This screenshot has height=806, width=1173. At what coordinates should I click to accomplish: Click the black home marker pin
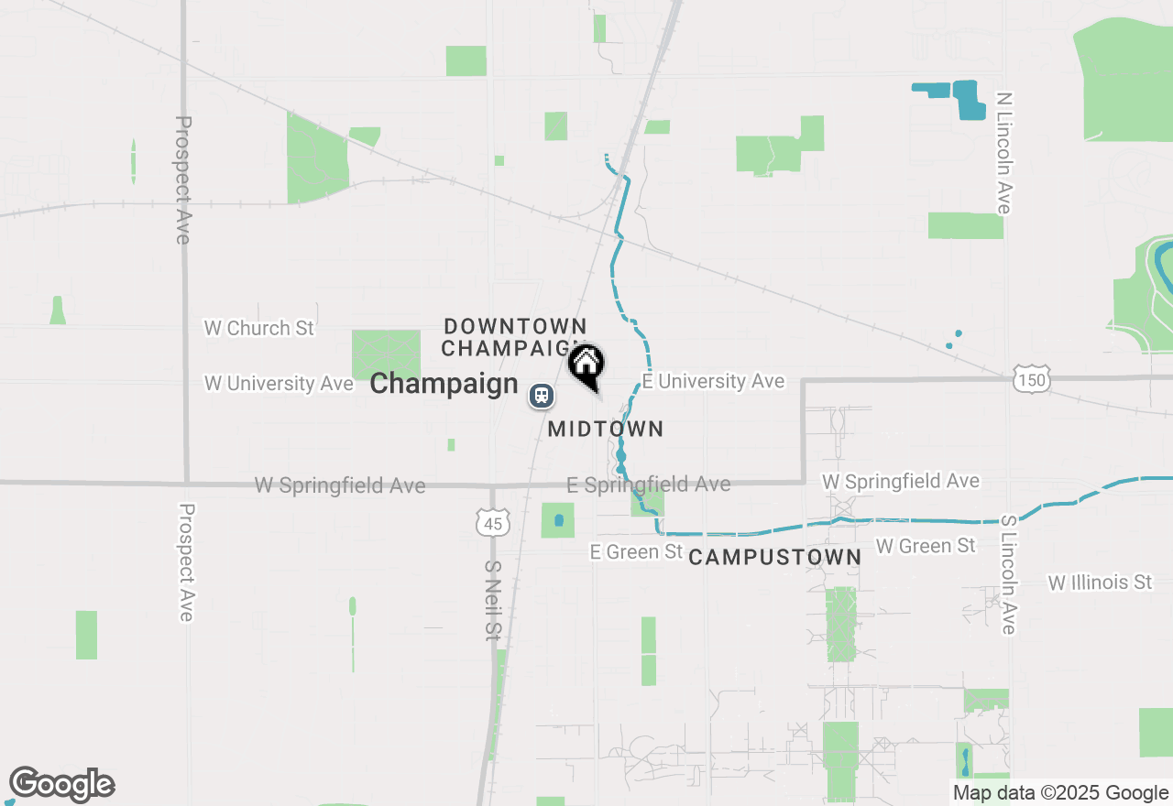tap(586, 365)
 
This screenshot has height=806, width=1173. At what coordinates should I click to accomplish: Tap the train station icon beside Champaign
tap(542, 396)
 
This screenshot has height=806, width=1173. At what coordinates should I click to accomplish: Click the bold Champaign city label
tap(444, 384)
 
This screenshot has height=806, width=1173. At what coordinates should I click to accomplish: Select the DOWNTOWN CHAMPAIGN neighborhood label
tap(514, 337)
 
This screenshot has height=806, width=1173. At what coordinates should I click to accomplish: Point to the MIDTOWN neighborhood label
tap(605, 429)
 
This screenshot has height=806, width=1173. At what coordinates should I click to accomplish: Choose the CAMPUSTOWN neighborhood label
tap(774, 557)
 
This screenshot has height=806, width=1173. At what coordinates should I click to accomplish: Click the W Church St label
tap(258, 328)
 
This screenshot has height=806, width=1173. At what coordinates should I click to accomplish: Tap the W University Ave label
tap(279, 383)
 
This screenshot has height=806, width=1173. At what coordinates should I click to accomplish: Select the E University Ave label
tap(713, 381)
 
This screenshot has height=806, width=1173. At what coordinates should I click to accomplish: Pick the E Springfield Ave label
tap(648, 484)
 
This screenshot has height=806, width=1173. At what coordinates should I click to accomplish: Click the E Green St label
tap(636, 551)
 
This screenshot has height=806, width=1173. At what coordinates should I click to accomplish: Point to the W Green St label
tap(926, 546)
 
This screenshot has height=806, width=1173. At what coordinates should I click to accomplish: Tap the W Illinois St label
tap(1100, 583)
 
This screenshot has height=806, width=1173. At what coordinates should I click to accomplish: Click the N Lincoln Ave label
tap(1004, 153)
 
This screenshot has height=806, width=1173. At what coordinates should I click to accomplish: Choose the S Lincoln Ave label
tap(1008, 574)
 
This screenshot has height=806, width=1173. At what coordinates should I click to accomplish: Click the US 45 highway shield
tap(493, 523)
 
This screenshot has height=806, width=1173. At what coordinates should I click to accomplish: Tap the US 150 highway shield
tap(1031, 379)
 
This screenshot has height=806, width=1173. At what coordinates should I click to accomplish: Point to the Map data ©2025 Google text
tap(1060, 793)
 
